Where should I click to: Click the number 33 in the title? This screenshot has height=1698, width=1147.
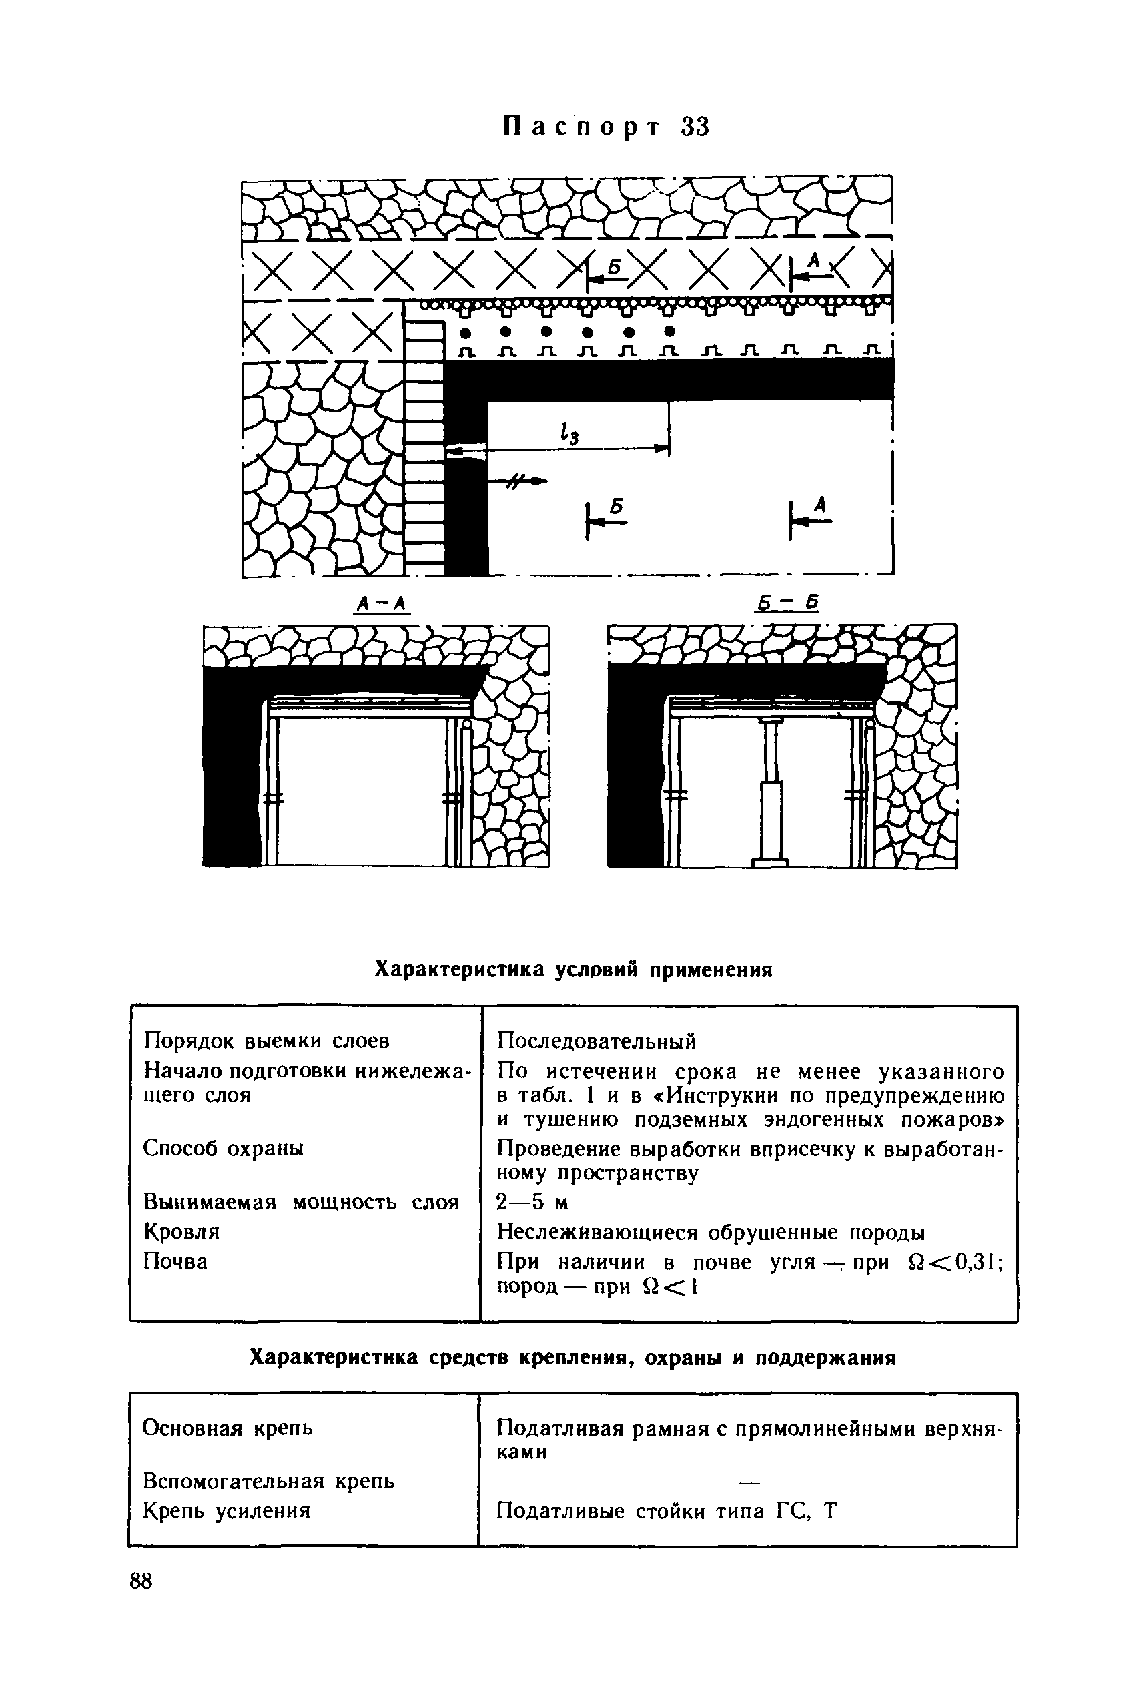point(695,127)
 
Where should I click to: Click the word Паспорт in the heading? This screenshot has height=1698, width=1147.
point(581,127)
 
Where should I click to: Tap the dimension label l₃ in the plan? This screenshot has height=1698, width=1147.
point(568,434)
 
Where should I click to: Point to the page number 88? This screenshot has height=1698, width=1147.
point(141,1581)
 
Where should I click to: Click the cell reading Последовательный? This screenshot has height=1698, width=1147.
point(596,1041)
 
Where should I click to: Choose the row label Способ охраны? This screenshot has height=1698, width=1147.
point(223,1148)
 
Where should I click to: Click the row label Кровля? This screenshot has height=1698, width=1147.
point(181,1232)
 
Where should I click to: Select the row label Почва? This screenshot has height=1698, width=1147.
point(175,1261)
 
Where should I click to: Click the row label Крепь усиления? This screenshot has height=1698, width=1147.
point(226,1510)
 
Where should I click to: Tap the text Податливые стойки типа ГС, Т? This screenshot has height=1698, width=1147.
point(665,1510)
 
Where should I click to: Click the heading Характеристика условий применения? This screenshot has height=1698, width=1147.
point(574,970)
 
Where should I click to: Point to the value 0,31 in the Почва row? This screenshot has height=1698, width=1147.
point(976,1261)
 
